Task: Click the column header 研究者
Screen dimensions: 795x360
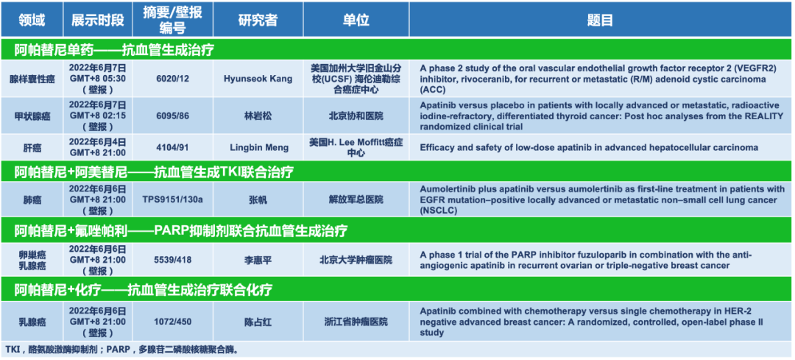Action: click(258, 20)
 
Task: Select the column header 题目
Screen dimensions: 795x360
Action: click(601, 20)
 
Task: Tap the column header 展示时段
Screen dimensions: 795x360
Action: click(97, 20)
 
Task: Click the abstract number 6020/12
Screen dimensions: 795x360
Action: click(173, 79)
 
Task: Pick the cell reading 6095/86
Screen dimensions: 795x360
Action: click(173, 116)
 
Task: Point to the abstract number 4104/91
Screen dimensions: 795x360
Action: click(173, 147)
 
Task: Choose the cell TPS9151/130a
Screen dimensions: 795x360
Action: click(173, 200)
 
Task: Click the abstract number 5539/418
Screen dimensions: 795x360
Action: click(173, 260)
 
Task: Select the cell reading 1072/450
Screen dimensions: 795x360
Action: click(173, 322)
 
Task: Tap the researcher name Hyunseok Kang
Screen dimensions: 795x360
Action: click(258, 79)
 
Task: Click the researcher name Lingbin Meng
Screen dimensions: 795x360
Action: click(258, 147)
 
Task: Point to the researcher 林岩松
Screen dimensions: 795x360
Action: click(258, 116)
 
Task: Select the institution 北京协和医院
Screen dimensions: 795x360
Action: click(356, 116)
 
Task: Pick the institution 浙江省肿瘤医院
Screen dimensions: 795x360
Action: click(356, 322)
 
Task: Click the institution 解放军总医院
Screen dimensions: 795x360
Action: click(356, 200)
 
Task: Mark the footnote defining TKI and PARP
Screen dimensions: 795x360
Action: click(121, 350)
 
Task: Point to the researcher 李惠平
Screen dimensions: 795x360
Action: click(258, 260)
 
